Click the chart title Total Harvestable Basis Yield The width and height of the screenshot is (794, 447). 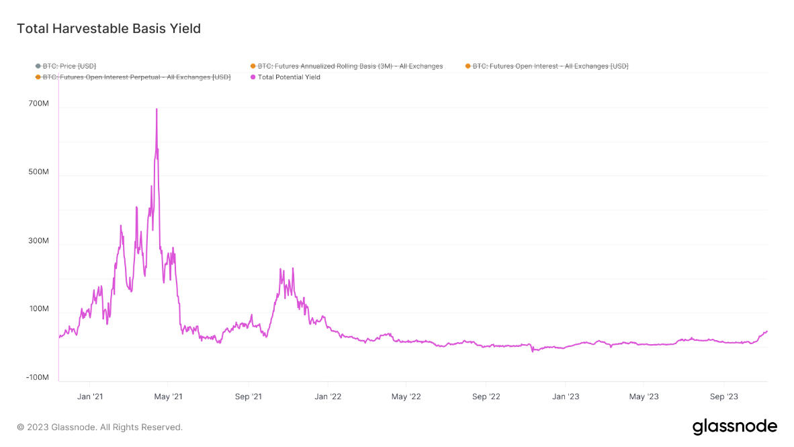click(x=108, y=29)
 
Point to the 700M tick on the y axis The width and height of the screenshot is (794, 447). click(x=38, y=104)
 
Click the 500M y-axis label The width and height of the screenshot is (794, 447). click(x=38, y=172)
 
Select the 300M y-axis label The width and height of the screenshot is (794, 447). click(x=38, y=241)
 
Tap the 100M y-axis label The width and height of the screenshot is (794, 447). click(x=38, y=309)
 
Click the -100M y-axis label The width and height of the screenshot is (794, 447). click(x=38, y=378)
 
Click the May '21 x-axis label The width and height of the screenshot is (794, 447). click(x=168, y=397)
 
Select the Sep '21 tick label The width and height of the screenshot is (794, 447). click(x=248, y=397)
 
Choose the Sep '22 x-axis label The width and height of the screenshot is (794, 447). click(x=486, y=397)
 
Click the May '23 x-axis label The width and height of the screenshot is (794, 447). click(x=644, y=397)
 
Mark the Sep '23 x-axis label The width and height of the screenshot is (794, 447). click(x=723, y=397)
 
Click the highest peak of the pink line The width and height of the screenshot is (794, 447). click(x=157, y=109)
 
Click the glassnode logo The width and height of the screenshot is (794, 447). click(x=734, y=426)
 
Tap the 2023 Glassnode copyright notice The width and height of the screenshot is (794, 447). click(x=99, y=427)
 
